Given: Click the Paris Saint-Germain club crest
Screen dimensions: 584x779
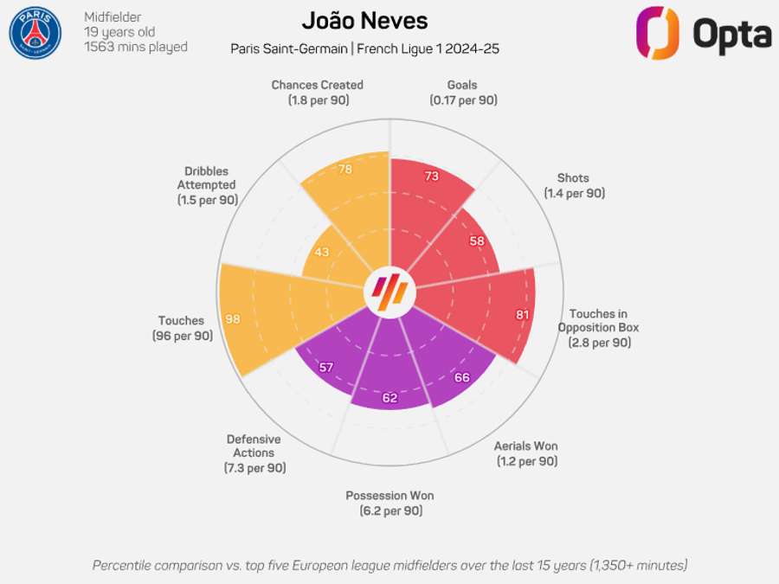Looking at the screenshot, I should [x=35, y=32].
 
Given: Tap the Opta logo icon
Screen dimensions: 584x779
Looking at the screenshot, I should [x=657, y=33].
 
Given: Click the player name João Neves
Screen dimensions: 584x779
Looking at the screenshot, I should [x=364, y=21].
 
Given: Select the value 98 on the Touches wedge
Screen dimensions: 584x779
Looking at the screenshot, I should [x=233, y=319].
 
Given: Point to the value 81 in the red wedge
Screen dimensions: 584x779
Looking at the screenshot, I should [x=522, y=314].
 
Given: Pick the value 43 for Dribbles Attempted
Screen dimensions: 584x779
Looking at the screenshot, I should [x=322, y=252].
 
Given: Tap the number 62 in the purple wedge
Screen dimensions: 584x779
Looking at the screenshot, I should [x=389, y=398].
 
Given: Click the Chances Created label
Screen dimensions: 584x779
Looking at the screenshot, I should [x=317, y=85].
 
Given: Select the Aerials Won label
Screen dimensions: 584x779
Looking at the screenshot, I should [x=526, y=446].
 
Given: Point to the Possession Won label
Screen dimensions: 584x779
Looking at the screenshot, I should [x=389, y=496].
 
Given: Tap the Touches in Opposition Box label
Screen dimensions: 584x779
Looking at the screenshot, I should [x=599, y=321].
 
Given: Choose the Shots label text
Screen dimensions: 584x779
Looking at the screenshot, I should [x=574, y=178].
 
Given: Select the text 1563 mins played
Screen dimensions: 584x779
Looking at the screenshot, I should [x=136, y=47].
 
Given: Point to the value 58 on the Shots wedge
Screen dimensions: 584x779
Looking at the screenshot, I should [x=477, y=241].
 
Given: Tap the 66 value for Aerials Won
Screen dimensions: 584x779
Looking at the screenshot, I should [x=462, y=377].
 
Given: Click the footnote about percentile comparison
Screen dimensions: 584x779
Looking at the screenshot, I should [x=389, y=565].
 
